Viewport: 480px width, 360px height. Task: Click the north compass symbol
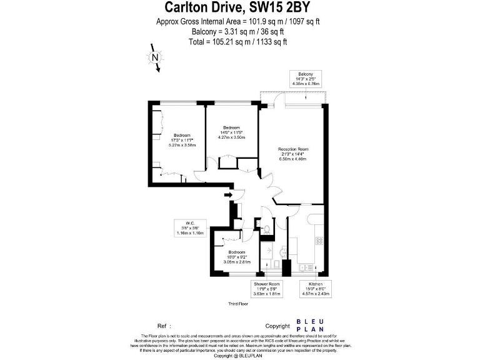coord(154,58)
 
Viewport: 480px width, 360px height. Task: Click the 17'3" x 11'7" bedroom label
coord(182,140)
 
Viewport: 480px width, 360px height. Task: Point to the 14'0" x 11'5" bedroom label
coord(231,132)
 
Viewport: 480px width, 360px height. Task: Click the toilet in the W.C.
coord(266,229)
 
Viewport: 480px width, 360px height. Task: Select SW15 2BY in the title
coord(282,7)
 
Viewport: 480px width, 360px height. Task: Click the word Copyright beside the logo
coord(277,326)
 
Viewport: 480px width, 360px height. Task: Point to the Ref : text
coord(164,326)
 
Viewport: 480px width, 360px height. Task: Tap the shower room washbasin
coord(281,253)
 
